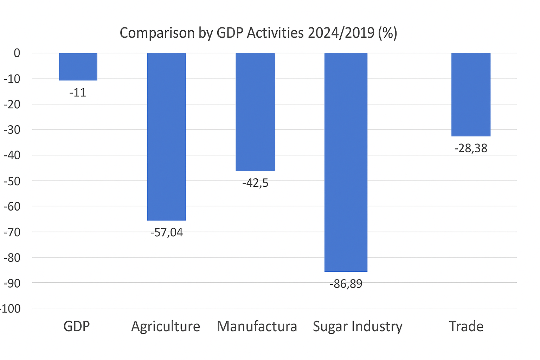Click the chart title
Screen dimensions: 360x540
click(x=258, y=33)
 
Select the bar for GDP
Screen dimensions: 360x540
click(x=78, y=67)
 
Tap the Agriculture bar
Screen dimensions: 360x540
click(x=166, y=137)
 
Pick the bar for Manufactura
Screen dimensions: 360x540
click(x=255, y=112)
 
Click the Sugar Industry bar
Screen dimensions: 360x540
click(x=346, y=162)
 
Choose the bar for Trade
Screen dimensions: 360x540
click(x=471, y=95)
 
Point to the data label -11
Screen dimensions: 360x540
click(x=78, y=93)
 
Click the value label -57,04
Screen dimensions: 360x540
click(x=166, y=233)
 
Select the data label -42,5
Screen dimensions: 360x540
click(x=255, y=183)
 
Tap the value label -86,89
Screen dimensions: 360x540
click(x=346, y=284)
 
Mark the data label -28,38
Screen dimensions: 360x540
click(x=471, y=148)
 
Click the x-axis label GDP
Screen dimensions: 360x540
click(x=77, y=326)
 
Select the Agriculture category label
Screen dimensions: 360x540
click(x=166, y=327)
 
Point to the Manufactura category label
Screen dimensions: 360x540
click(x=257, y=326)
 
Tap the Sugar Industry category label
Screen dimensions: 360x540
click(x=358, y=327)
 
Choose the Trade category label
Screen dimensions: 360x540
click(x=466, y=326)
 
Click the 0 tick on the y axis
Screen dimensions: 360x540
click(x=17, y=53)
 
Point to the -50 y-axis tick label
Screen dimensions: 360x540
click(x=12, y=181)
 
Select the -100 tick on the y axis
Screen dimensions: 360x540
click(x=11, y=309)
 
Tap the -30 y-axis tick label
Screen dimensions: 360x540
click(x=12, y=130)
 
